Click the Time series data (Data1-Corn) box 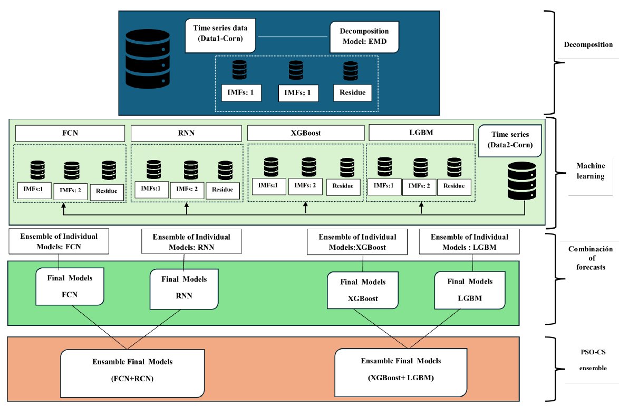pyautogui.click(x=220, y=35)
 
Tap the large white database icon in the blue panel pyautogui.click(x=148, y=59)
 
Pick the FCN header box pyautogui.click(x=70, y=133)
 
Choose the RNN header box pyautogui.click(x=186, y=133)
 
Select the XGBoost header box pyautogui.click(x=305, y=133)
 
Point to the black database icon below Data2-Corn pyautogui.click(x=522, y=181)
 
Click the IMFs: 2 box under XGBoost pyautogui.click(x=305, y=186)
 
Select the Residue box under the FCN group pyautogui.click(x=107, y=192)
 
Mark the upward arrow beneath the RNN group pyautogui.click(x=186, y=210)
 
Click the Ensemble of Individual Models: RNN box pyautogui.click(x=192, y=242)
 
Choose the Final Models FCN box pyautogui.click(x=69, y=286)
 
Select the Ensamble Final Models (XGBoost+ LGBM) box pyautogui.click(x=401, y=371)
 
